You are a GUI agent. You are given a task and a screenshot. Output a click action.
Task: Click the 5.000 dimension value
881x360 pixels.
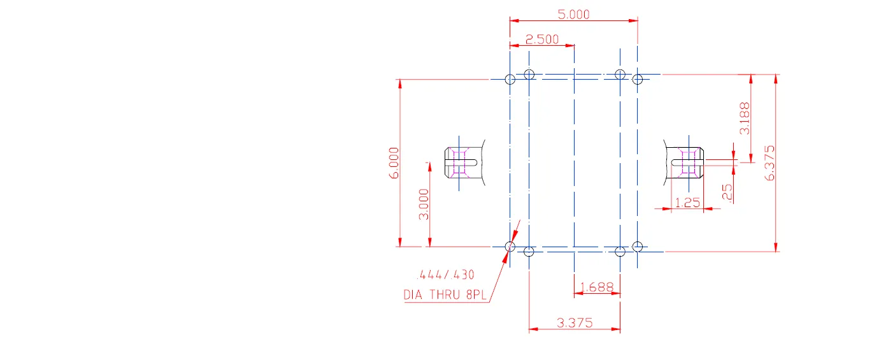(x=574, y=14)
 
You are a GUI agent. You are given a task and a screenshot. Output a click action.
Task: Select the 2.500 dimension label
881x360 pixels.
(x=541, y=40)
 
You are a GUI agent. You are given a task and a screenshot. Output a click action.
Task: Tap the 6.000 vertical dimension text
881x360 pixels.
(x=394, y=163)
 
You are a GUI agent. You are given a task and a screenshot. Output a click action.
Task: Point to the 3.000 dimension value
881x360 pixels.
(x=424, y=205)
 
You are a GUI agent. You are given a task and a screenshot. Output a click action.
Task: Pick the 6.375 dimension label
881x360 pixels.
(x=770, y=163)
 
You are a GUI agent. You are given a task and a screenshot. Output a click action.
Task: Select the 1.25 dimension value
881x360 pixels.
(x=687, y=203)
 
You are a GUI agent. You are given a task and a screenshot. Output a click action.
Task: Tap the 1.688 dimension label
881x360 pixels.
(x=597, y=287)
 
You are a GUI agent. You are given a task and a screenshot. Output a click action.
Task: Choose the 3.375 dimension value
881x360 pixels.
(x=575, y=323)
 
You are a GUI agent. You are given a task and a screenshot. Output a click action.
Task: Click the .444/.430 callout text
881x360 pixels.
(x=445, y=275)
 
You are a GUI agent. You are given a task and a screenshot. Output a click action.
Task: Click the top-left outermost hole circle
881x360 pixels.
(x=510, y=79)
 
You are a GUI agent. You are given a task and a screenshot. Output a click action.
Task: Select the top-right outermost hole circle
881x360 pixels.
(x=638, y=79)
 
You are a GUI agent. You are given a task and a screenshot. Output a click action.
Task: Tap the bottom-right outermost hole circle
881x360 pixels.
(x=639, y=246)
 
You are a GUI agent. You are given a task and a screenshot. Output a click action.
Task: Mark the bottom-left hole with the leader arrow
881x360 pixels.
(x=510, y=246)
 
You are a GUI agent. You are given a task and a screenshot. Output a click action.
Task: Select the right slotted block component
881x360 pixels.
(x=687, y=162)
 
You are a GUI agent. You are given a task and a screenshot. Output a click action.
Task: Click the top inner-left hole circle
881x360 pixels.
(x=529, y=74)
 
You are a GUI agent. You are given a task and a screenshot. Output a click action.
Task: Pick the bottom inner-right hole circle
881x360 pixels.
(x=620, y=252)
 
